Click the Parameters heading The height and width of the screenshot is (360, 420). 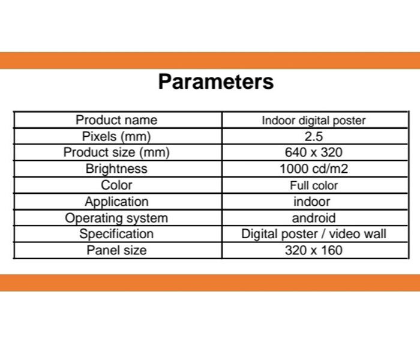click(216, 82)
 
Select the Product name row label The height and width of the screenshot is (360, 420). click(116, 120)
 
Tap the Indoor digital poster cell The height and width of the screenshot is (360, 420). click(314, 121)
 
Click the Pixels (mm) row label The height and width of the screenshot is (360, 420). click(116, 136)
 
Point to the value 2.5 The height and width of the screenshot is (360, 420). click(314, 136)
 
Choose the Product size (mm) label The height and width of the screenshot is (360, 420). click(116, 152)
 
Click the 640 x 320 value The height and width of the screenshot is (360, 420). click(314, 152)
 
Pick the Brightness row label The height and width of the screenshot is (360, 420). click(116, 169)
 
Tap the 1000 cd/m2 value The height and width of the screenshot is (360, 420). click(314, 169)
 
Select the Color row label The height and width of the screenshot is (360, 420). click(116, 185)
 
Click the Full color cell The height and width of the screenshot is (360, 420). click(314, 185)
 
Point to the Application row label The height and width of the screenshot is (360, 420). click(116, 202)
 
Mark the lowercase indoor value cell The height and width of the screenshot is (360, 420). click(312, 202)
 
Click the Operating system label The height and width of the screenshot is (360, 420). click(116, 218)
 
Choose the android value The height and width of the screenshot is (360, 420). click(314, 218)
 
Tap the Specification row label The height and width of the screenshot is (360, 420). click(116, 234)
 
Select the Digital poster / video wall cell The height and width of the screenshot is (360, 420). click(314, 234)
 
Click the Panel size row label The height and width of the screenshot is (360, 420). click(116, 250)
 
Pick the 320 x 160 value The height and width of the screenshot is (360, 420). click(314, 250)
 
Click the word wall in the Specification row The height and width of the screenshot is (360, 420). click(374, 233)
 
